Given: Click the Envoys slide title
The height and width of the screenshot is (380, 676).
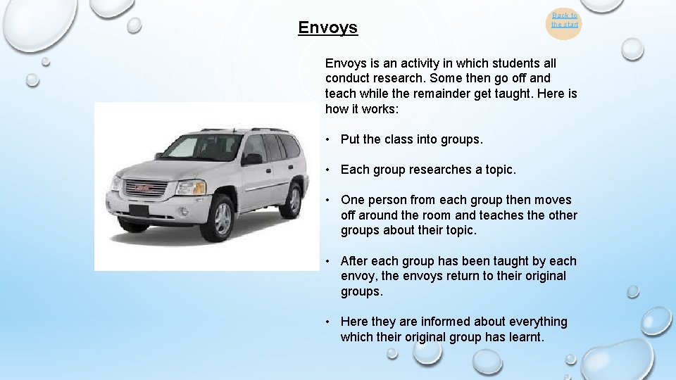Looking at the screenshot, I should pos(327,27).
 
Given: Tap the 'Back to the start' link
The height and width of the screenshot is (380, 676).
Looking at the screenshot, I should pos(565,20).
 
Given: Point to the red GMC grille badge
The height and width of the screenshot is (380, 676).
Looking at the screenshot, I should pos(143,188).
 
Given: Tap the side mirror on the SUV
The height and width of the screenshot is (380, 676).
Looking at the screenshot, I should pos(251,159).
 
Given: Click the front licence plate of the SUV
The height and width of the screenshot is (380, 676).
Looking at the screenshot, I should pos(139,210).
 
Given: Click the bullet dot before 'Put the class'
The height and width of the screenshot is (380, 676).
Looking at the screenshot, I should pos(329,139).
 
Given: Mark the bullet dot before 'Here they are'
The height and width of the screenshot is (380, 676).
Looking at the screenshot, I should pos(329,322).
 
